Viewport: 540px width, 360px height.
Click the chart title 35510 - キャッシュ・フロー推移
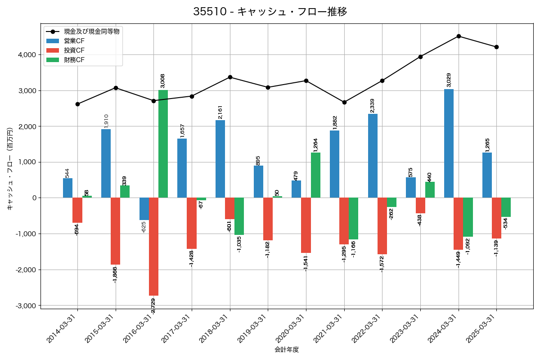pos(270,12)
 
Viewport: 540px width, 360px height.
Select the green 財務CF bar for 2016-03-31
pos(163,144)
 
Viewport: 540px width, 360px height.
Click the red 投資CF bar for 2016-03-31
pos(153,247)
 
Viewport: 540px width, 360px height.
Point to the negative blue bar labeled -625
pos(144,209)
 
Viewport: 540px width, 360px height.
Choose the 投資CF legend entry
pos(74,50)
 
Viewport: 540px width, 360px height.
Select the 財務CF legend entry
pos(74,60)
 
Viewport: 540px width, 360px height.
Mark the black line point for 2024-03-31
pos(459,36)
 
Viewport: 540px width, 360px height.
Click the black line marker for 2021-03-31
pos(344,102)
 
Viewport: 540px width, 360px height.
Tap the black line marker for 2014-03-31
pos(77,104)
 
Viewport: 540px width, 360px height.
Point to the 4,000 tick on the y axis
pos(27,55)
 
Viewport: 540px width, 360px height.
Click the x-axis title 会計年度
pos(287,350)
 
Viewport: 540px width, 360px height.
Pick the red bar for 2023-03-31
pos(420,206)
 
